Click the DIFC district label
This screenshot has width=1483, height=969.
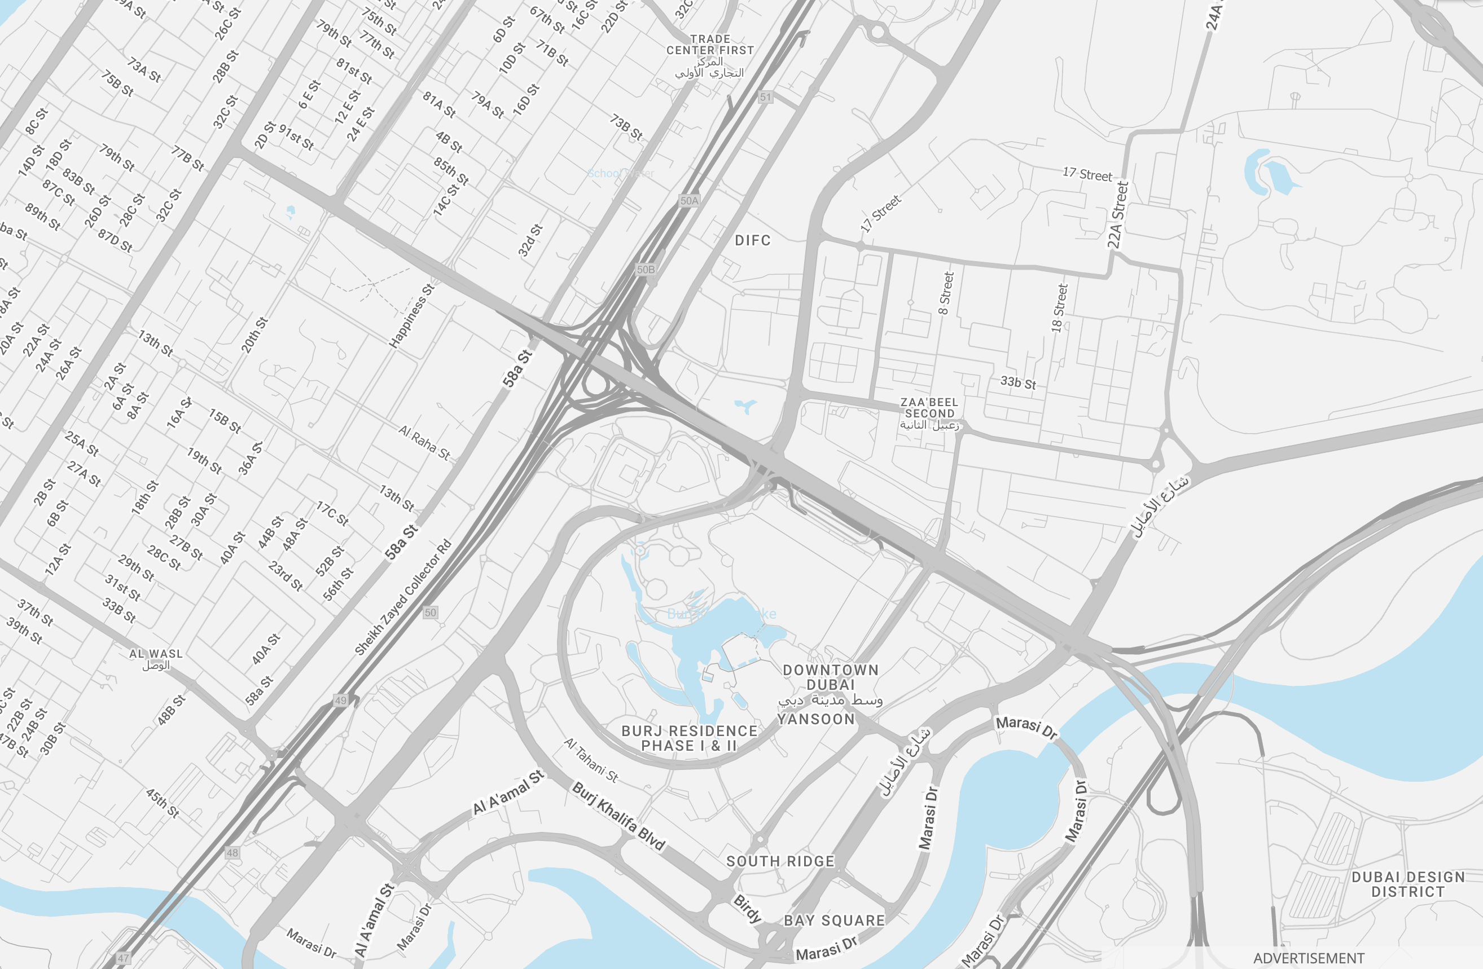click(x=752, y=240)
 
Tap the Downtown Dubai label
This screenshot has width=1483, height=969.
click(x=830, y=677)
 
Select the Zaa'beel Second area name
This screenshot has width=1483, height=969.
click(x=929, y=408)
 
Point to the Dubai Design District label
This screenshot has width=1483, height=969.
click(x=1407, y=884)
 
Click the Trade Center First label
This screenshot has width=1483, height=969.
click(x=710, y=45)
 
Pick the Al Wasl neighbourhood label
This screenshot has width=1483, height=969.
click(x=156, y=654)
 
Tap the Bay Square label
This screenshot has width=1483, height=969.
click(x=833, y=920)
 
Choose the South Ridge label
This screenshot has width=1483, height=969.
click(x=780, y=861)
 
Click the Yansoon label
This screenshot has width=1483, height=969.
click(x=815, y=719)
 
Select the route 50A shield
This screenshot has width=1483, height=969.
click(x=689, y=201)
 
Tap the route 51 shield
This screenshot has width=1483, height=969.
click(x=765, y=97)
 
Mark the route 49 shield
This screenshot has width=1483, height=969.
click(x=340, y=701)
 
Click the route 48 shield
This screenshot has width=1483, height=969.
click(x=232, y=853)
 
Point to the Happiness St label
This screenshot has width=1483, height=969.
click(x=411, y=316)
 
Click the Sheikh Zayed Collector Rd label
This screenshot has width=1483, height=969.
click(x=402, y=597)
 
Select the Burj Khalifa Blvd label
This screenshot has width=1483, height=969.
click(x=618, y=816)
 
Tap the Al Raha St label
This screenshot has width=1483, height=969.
click(x=424, y=442)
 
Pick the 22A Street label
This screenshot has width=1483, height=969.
click(x=1118, y=215)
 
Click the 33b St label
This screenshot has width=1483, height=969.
click(x=1017, y=382)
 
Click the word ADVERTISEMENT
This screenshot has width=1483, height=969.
click(x=1309, y=958)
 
